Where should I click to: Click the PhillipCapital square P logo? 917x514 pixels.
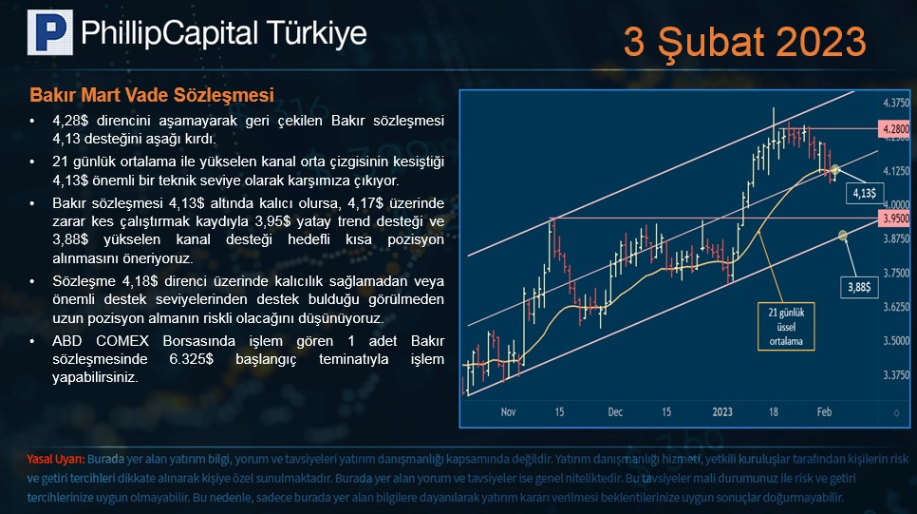click(x=50, y=32)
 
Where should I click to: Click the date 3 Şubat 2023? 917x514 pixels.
click(x=744, y=42)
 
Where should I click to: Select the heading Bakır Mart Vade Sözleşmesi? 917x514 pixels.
click(x=152, y=95)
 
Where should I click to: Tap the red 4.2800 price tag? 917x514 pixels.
click(x=894, y=129)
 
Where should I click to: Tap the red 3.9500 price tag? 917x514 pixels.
click(x=894, y=219)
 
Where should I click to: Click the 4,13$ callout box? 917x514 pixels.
click(x=865, y=193)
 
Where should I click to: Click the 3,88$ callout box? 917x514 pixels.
click(x=859, y=288)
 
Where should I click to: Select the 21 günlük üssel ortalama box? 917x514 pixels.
click(x=786, y=327)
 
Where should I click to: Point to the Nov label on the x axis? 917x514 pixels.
click(x=508, y=412)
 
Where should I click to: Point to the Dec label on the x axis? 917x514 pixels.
click(x=615, y=412)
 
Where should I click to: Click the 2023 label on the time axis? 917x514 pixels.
click(x=722, y=412)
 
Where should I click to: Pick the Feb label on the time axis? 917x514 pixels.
click(x=824, y=412)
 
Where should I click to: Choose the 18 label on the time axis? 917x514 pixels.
click(x=773, y=412)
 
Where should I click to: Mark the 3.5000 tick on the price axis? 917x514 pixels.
click(x=896, y=341)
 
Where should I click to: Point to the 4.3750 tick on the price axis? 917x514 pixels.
click(x=896, y=103)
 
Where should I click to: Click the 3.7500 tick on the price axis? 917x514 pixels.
click(x=896, y=273)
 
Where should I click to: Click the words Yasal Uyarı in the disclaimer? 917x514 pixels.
click(x=56, y=460)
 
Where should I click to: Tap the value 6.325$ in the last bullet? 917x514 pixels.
click(x=191, y=359)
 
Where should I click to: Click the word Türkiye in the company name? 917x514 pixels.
click(x=317, y=33)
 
